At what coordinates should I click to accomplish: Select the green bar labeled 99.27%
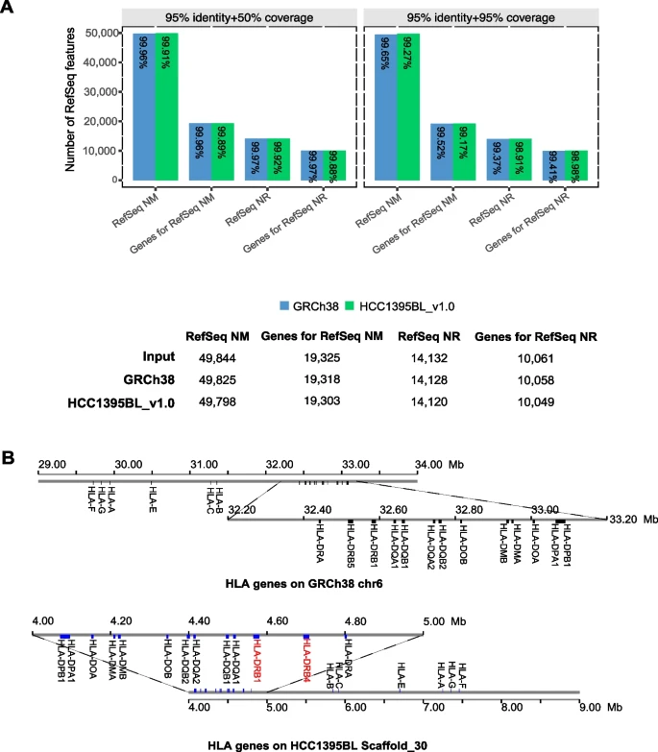click(411, 106)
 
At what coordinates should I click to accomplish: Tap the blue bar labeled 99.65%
click(383, 106)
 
